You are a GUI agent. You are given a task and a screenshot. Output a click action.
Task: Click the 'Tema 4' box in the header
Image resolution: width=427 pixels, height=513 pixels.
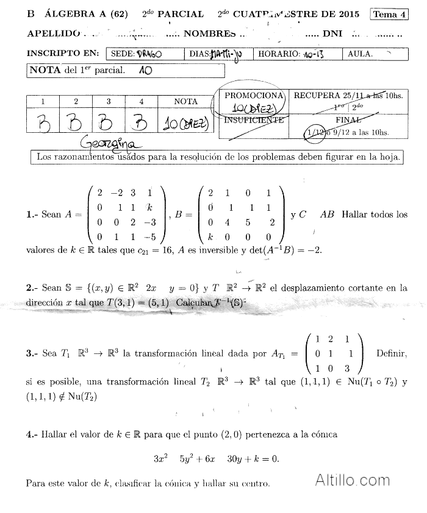pyautogui.click(x=389, y=15)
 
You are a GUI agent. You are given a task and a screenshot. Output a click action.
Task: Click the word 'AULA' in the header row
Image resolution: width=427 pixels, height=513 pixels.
pyautogui.click(x=359, y=54)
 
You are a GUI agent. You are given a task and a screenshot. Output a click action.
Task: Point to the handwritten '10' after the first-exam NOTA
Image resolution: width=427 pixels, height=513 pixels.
pyautogui.click(x=145, y=70)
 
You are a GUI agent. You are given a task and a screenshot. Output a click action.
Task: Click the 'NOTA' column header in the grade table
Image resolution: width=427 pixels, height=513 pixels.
pyautogui.click(x=185, y=102)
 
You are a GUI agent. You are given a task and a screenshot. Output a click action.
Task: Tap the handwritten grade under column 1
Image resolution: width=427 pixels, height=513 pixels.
pyautogui.click(x=43, y=124)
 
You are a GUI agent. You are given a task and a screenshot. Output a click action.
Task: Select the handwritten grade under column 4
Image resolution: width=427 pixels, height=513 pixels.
pyautogui.click(x=141, y=124)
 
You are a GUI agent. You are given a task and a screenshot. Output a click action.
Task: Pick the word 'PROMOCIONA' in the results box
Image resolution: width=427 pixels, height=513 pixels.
pyautogui.click(x=254, y=96)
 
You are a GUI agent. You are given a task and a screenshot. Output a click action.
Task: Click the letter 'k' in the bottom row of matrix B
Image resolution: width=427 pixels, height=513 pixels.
pyautogui.click(x=210, y=238)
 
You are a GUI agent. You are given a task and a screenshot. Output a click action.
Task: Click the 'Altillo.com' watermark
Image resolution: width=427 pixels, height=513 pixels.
pyautogui.click(x=353, y=479)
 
